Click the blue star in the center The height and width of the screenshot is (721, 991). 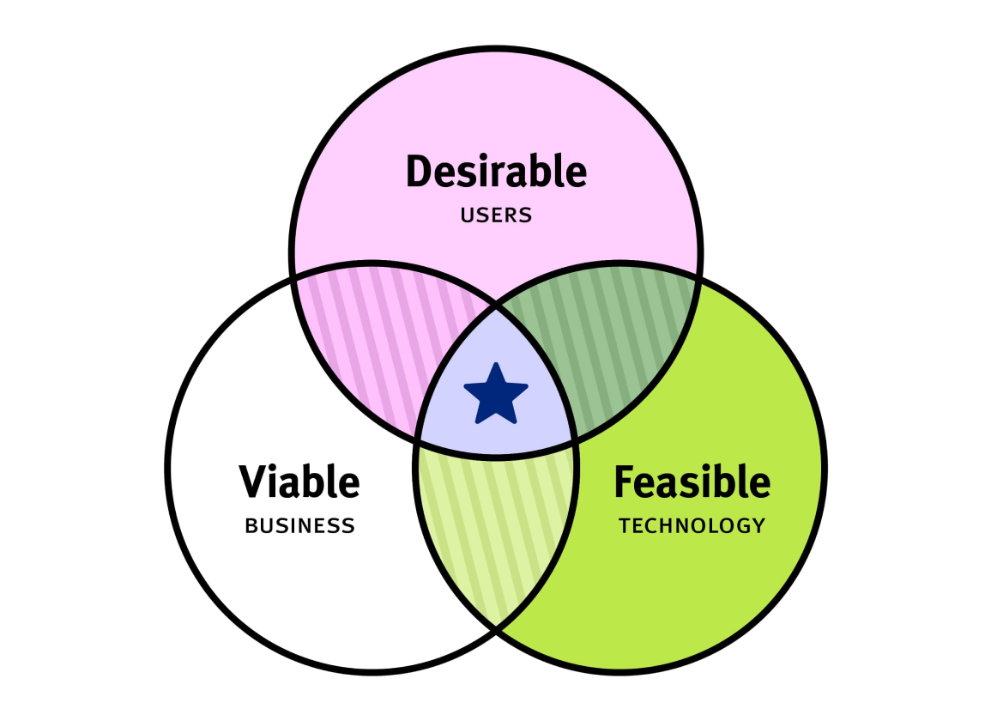pos(496,394)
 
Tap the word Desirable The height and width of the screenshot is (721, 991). pos(496,171)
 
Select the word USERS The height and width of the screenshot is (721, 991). pos(496,215)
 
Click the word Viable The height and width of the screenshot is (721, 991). pos(299,482)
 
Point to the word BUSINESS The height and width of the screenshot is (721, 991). pos(299,525)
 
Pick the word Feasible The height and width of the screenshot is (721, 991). pos(692,482)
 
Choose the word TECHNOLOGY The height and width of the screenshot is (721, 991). pos(692,525)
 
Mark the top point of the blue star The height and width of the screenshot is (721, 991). pos(496,363)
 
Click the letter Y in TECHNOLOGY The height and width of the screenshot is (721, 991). pos(758,525)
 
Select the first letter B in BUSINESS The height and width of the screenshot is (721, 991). pos(251,525)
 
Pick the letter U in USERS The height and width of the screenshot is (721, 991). pos(468,215)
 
